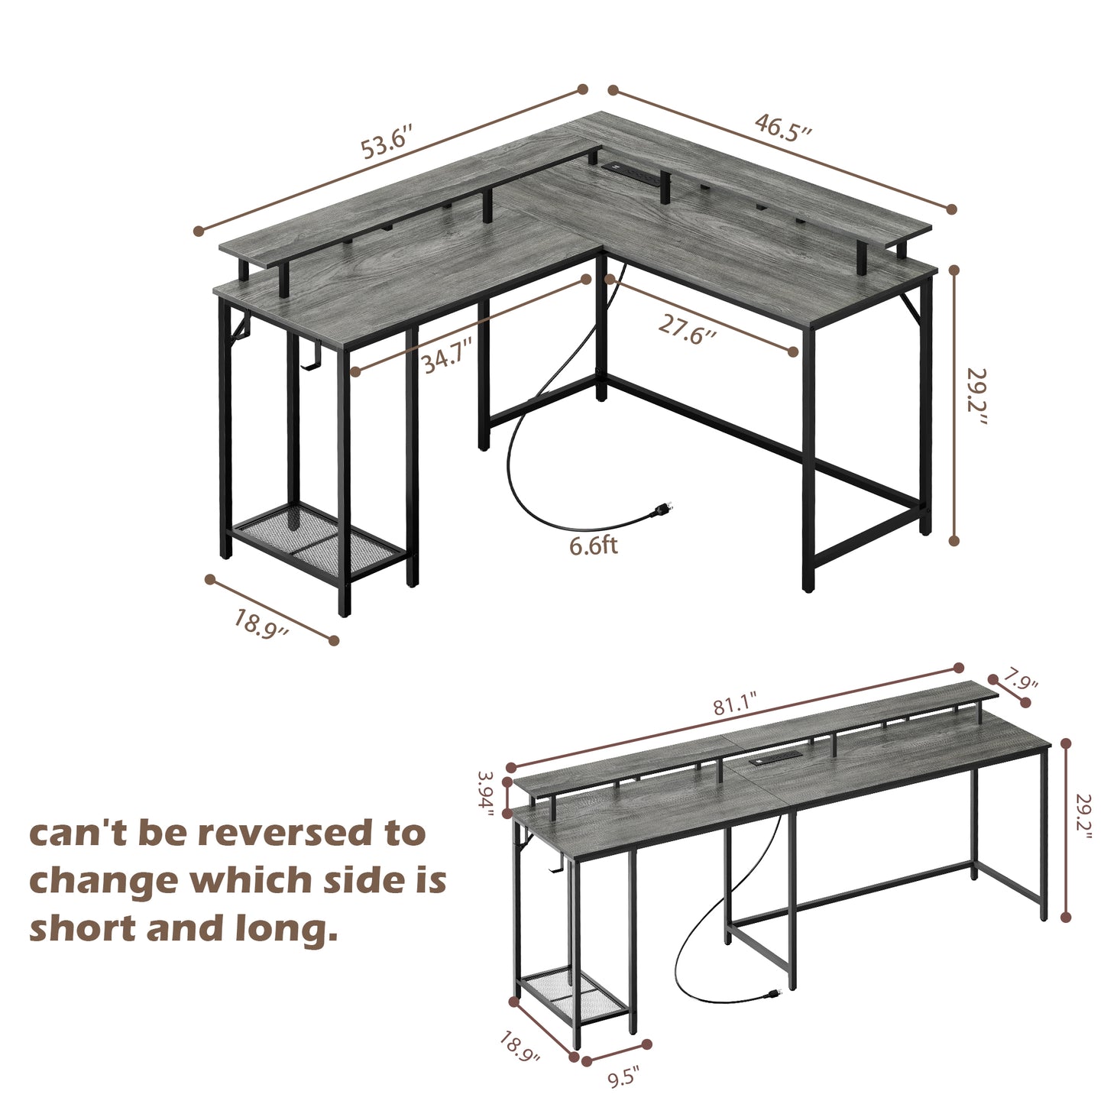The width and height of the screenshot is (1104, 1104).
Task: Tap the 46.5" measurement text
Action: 782,127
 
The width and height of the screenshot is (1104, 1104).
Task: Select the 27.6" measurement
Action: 688,329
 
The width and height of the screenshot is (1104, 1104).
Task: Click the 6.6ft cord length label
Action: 593,546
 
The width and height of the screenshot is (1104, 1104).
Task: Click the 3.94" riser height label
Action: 487,794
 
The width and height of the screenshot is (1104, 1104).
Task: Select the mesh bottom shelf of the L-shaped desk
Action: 319,541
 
